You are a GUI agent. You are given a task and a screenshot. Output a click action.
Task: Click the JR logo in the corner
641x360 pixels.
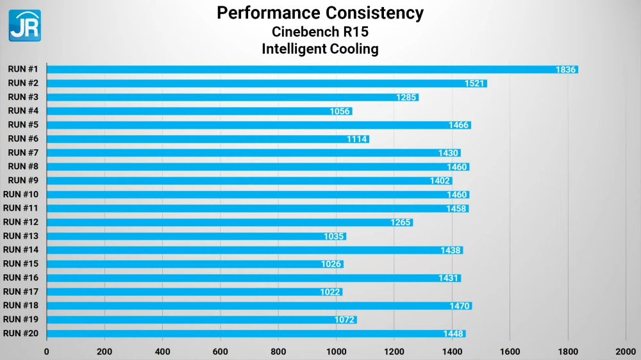click(x=24, y=26)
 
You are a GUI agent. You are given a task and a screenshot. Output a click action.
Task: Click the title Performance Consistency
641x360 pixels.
click(x=320, y=13)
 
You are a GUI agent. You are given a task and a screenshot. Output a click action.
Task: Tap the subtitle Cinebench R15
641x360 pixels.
click(x=320, y=31)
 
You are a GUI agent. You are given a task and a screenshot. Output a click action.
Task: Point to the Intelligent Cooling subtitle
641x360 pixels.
click(x=320, y=49)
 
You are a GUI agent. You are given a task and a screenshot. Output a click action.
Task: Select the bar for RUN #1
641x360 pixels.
click(x=312, y=69)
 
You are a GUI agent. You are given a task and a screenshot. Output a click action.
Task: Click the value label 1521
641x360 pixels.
click(x=475, y=83)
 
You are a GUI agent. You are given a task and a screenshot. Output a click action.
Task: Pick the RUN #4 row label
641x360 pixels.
click(x=23, y=111)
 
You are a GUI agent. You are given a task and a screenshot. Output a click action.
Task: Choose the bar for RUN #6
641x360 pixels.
click(x=208, y=139)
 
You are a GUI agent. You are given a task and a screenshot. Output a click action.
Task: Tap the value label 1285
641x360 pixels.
click(x=406, y=97)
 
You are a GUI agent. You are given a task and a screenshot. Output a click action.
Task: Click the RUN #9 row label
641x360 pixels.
click(x=23, y=180)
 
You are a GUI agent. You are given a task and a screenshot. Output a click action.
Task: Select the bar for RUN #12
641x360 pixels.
click(x=229, y=222)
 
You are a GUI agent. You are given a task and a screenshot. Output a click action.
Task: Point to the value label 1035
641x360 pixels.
click(x=335, y=236)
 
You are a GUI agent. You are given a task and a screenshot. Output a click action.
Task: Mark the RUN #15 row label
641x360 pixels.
click(x=21, y=263)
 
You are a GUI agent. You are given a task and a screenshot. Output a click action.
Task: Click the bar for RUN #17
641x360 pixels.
click(x=194, y=292)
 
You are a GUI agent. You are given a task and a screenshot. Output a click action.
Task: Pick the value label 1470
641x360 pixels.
click(x=460, y=306)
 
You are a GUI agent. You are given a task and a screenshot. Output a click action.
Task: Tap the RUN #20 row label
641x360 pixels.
click(x=21, y=333)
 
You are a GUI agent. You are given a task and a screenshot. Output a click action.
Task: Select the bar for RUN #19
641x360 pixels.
click(x=201, y=320)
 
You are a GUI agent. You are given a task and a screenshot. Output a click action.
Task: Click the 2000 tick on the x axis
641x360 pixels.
click(x=626, y=351)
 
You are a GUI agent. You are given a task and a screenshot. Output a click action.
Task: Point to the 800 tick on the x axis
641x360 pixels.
click(x=278, y=351)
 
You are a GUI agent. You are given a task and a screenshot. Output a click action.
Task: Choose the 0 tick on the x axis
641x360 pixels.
click(x=46, y=351)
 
